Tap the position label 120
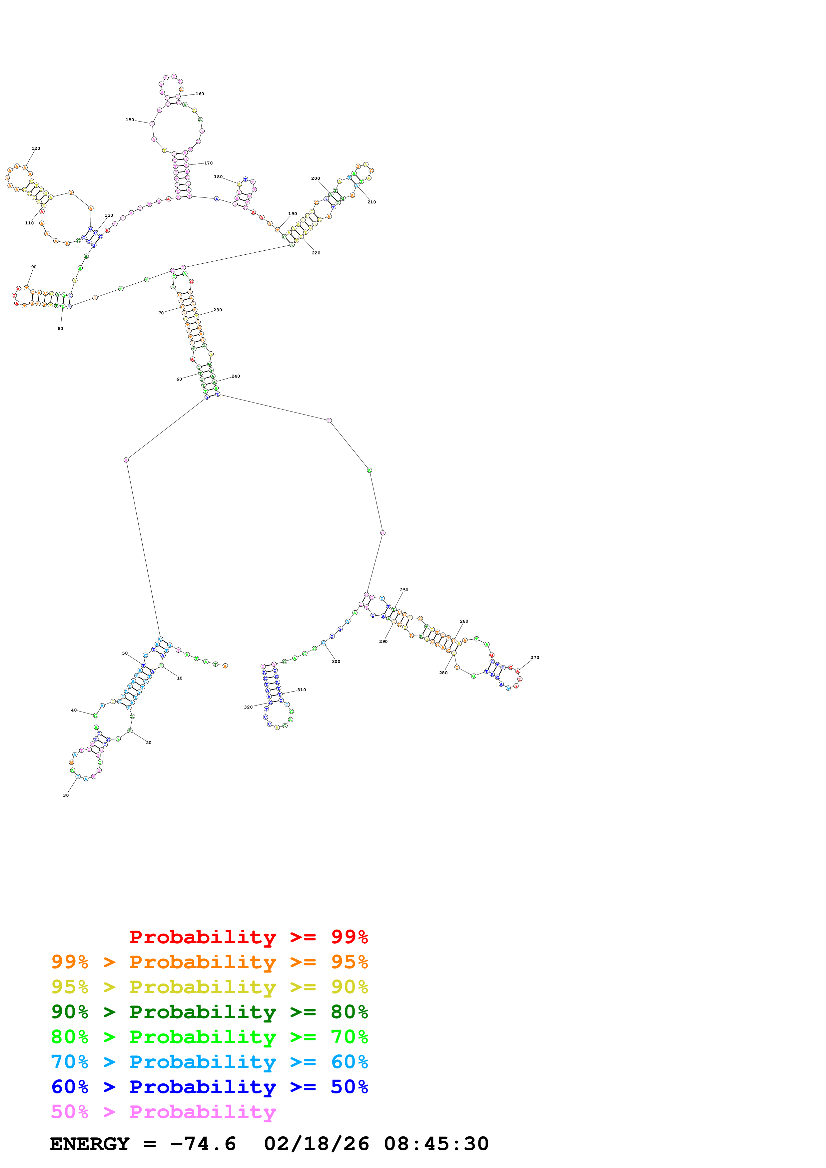[36, 148]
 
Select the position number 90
[34, 267]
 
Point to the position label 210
[372, 202]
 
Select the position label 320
[248, 707]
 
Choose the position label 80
[60, 329]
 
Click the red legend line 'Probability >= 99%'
[248, 937]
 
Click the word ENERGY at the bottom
[90, 1144]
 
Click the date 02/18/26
[317, 1144]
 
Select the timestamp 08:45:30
[436, 1144]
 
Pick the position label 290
[383, 642]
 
